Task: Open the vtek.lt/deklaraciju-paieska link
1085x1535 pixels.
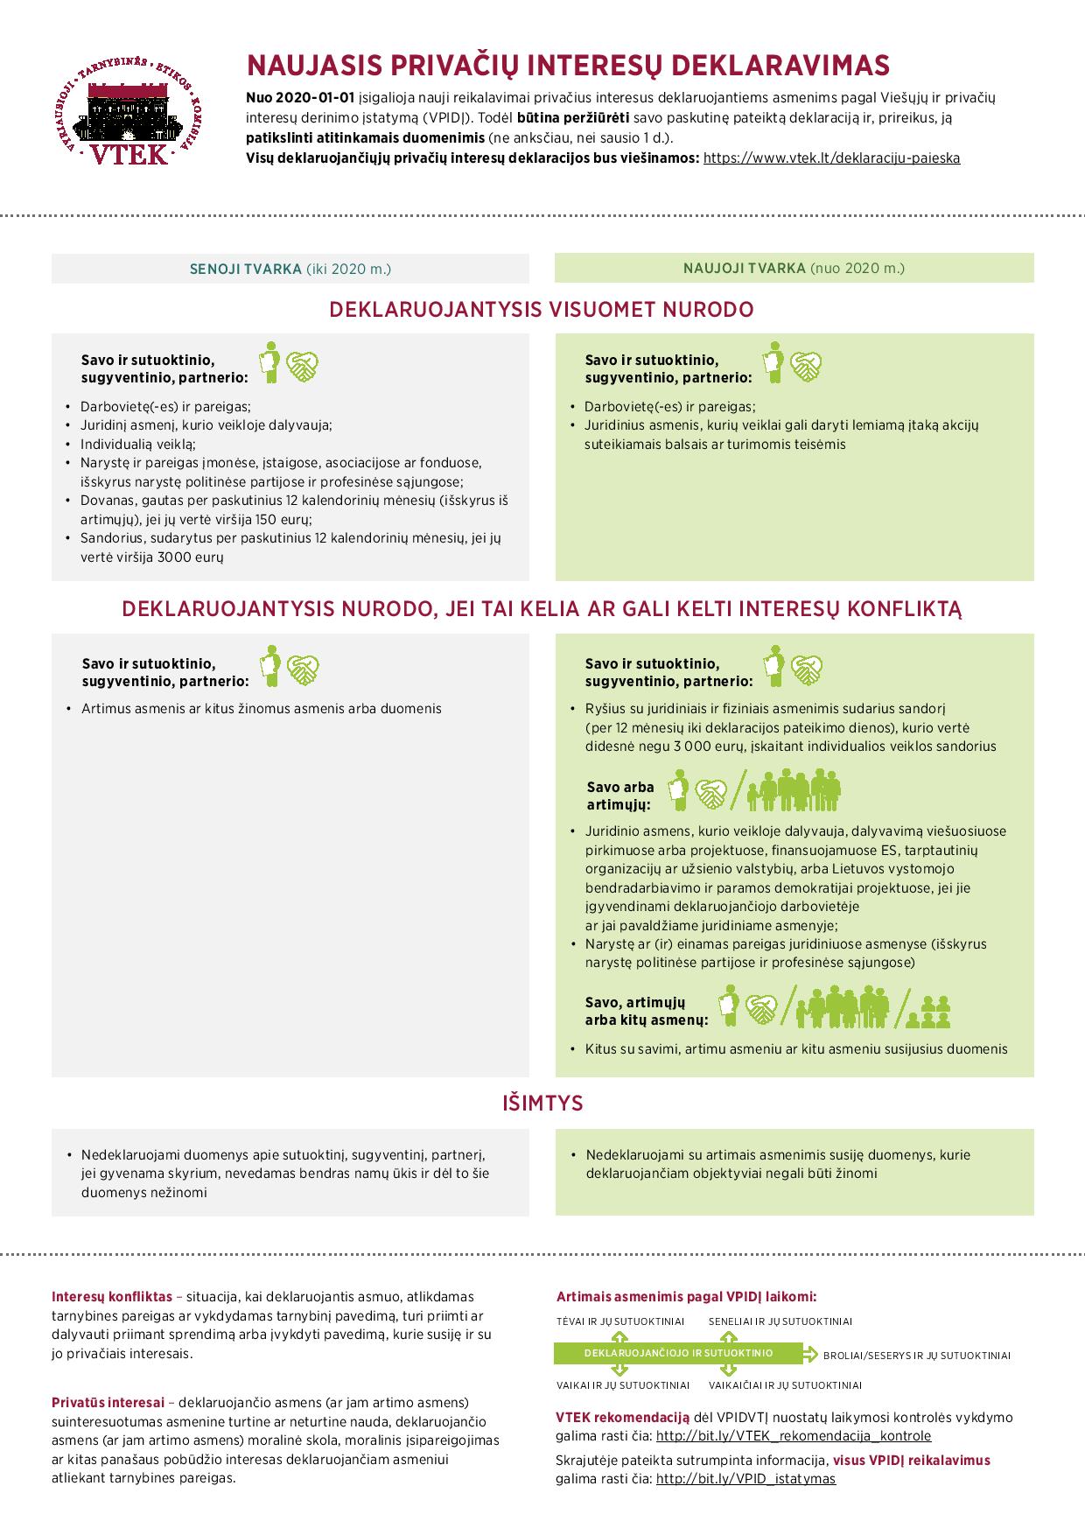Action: [x=831, y=158]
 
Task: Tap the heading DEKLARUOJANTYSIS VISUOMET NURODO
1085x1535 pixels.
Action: [x=542, y=310]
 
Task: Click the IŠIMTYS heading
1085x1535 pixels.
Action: [x=542, y=1104]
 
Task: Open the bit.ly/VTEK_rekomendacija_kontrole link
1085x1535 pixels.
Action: [x=793, y=1436]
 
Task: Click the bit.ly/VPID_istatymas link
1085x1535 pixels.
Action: [x=745, y=1479]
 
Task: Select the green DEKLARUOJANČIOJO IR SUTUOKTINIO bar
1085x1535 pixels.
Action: [x=678, y=1353]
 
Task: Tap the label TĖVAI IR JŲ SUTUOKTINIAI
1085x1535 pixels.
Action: [x=620, y=1321]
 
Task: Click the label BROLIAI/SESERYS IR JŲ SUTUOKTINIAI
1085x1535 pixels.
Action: [x=916, y=1356]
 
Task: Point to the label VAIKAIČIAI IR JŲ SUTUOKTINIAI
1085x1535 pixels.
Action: [x=785, y=1385]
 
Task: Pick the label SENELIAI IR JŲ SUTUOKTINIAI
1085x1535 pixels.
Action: [x=780, y=1321]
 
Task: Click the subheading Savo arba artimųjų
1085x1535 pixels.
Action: [x=619, y=796]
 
